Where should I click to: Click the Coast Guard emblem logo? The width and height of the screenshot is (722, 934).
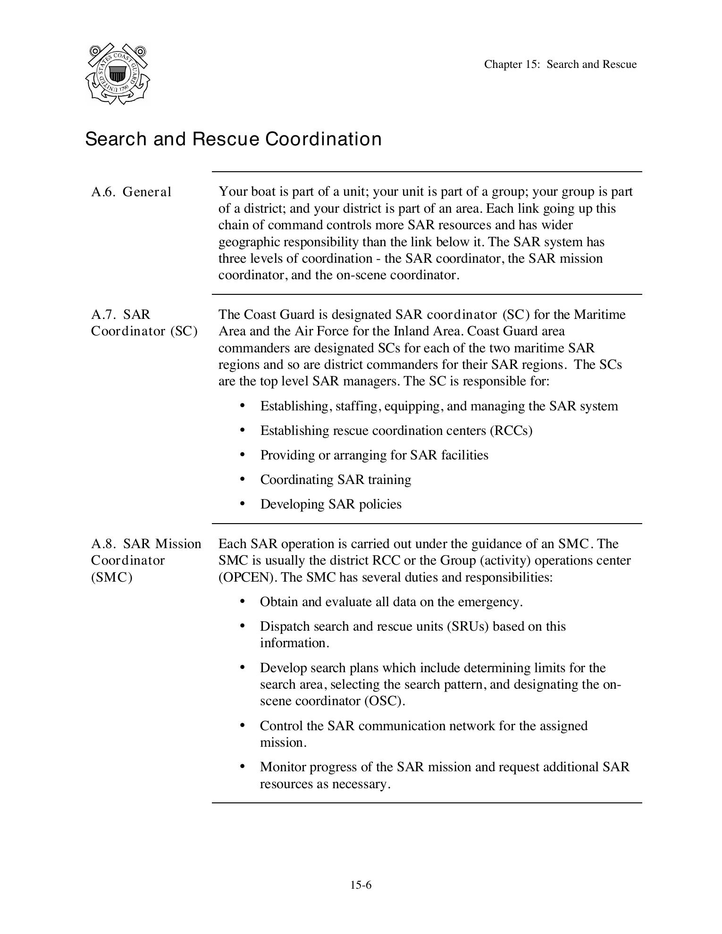coord(118,74)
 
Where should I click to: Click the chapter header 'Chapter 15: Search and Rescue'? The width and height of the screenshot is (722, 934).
coord(560,65)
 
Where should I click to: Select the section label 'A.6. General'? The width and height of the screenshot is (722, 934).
coord(131,192)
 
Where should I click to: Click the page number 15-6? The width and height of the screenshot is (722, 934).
coord(361,885)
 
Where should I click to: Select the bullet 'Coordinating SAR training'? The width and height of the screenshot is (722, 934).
coord(336,480)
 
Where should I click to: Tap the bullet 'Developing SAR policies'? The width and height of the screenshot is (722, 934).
coord(331,504)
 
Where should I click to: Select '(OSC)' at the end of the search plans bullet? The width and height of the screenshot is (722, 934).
coord(384,701)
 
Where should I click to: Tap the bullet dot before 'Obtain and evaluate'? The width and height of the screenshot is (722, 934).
coord(243,601)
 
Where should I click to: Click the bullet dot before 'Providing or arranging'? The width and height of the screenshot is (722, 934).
coord(243,454)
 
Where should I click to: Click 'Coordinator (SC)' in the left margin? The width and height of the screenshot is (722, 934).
coord(144,331)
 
